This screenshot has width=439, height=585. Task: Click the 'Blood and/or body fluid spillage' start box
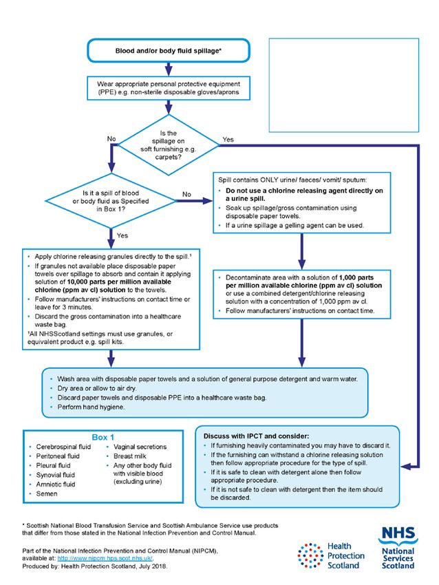pyautogui.click(x=168, y=50)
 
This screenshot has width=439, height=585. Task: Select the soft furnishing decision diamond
pyautogui.click(x=168, y=145)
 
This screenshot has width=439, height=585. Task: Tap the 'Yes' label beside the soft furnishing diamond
pyautogui.click(x=228, y=140)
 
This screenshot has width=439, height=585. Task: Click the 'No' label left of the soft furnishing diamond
pyautogui.click(x=111, y=139)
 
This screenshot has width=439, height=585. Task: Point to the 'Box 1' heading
pyautogui.click(x=103, y=437)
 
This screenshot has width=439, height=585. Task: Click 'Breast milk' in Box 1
pyautogui.click(x=130, y=456)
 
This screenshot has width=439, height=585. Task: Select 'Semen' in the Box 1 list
pyautogui.click(x=47, y=493)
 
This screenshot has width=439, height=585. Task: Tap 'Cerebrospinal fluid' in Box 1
pyautogui.click(x=63, y=447)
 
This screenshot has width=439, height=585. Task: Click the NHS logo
pyautogui.click(x=398, y=547)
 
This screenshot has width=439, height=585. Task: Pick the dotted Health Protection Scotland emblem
pyautogui.click(x=310, y=555)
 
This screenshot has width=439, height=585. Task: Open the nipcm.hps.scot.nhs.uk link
pyautogui.click(x=105, y=558)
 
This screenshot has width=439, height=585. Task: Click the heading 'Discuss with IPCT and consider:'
pyautogui.click(x=256, y=436)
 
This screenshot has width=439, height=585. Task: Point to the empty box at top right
pyautogui.click(x=343, y=85)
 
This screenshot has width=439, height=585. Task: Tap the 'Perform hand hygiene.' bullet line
pyautogui.click(x=91, y=407)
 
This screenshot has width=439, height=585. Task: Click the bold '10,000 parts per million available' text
pyautogui.click(x=119, y=281)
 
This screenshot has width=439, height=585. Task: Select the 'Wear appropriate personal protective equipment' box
pyautogui.click(x=168, y=88)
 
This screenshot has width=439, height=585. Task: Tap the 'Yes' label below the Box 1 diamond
pyautogui.click(x=122, y=235)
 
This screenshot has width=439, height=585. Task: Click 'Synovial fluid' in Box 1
pyautogui.click(x=55, y=475)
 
